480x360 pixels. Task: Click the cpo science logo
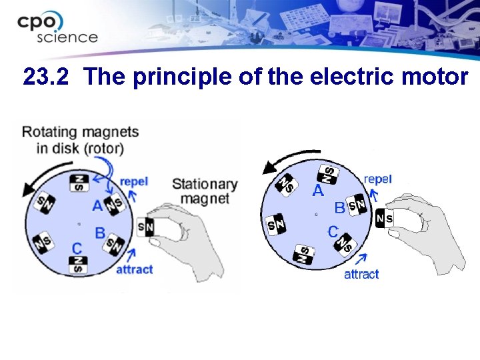click(x=57, y=27)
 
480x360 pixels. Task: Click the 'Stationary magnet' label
click(x=204, y=191)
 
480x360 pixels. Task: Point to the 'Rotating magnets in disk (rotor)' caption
click(x=80, y=139)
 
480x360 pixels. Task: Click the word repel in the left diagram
click(x=133, y=181)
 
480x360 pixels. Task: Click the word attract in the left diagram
click(x=134, y=269)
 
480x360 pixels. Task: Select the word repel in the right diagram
click(x=377, y=179)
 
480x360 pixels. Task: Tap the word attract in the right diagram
click(x=361, y=274)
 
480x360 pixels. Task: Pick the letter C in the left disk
click(x=77, y=249)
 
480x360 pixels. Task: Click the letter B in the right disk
click(x=339, y=208)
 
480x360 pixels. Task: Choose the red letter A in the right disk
click(x=319, y=191)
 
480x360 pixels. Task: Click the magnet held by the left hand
click(x=146, y=228)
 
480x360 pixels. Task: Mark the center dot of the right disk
click(x=316, y=215)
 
